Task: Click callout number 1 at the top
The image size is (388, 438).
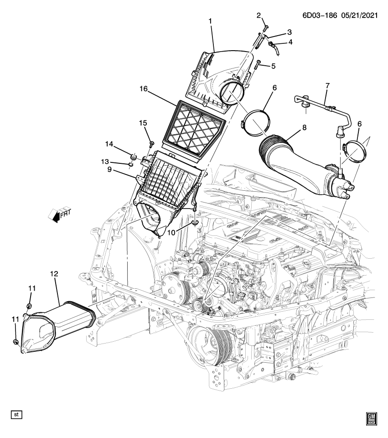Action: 211,21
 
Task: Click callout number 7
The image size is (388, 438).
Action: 327,86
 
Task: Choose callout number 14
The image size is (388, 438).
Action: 109,144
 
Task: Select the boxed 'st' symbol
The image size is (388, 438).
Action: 16,415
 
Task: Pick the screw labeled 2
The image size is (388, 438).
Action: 264,28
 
